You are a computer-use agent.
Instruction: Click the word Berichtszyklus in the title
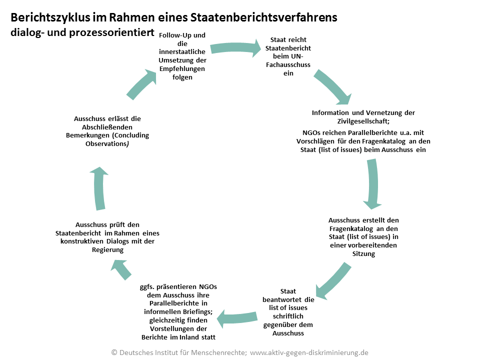click(50, 17)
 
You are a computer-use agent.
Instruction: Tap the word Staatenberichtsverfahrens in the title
click(263, 17)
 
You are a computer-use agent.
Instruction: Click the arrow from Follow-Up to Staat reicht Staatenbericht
click(235, 48)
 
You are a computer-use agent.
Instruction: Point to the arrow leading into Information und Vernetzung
click(332, 86)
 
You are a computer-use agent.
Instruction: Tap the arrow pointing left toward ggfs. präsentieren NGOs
click(237, 318)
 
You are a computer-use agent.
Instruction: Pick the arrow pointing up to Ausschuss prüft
click(121, 269)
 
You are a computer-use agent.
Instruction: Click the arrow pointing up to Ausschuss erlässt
click(99, 188)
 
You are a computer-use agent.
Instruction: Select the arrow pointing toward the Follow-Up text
click(141, 84)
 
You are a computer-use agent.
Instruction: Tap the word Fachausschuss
click(288, 65)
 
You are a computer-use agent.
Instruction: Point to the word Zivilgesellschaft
click(363, 121)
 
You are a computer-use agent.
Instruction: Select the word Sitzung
click(363, 254)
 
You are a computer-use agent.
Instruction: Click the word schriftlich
click(288, 316)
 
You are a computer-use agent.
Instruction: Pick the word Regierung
click(107, 250)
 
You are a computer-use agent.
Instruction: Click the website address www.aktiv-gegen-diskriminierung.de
click(309, 352)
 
